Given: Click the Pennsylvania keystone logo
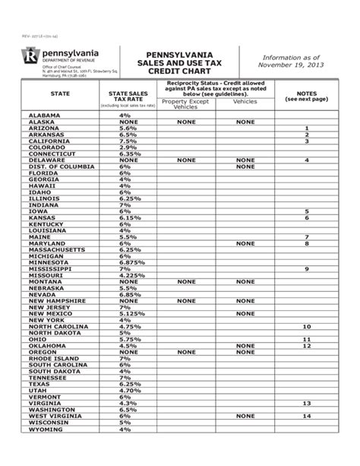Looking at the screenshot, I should (x=31, y=55).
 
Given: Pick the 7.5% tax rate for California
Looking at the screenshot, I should (x=128, y=141).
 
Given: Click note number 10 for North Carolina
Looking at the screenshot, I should (x=307, y=326).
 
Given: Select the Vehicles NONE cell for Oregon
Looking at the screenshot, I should (x=245, y=352).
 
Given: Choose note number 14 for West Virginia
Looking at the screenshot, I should (x=307, y=416).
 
